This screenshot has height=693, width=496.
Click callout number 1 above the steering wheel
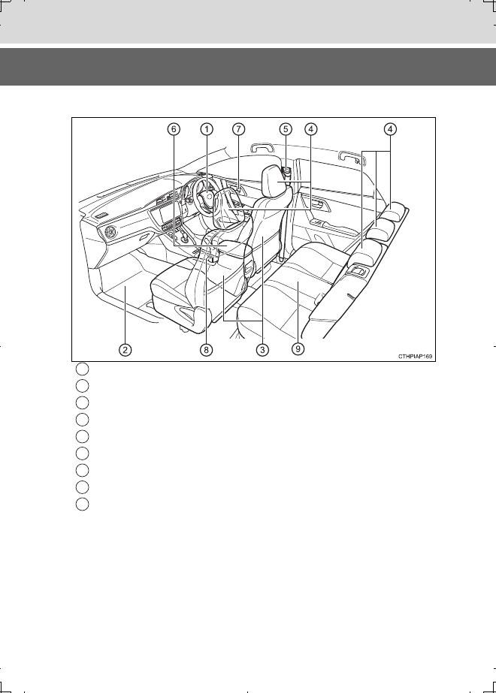[x=207, y=129]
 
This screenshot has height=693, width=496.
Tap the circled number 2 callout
[x=126, y=350]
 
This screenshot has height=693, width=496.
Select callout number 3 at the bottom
[x=262, y=350]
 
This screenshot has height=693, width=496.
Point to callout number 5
[x=286, y=129]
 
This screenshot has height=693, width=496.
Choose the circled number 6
[x=174, y=129]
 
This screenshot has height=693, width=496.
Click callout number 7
[x=238, y=129]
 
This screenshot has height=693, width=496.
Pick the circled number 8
[x=206, y=350]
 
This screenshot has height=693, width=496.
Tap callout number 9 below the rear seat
[x=298, y=349]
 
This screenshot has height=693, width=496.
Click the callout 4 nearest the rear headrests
[x=390, y=129]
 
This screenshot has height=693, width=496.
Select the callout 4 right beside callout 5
[x=311, y=129]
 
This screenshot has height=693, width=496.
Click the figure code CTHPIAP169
[x=415, y=356]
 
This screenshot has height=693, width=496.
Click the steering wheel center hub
[x=207, y=195]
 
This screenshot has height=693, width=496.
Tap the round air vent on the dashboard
[x=109, y=232]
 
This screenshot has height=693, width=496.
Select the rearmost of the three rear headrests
[x=395, y=211]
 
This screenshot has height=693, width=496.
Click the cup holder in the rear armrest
[x=358, y=270]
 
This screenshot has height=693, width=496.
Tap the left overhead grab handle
[x=265, y=148]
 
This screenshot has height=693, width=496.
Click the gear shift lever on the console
[x=185, y=239]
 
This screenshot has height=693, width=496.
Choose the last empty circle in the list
[x=83, y=505]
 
